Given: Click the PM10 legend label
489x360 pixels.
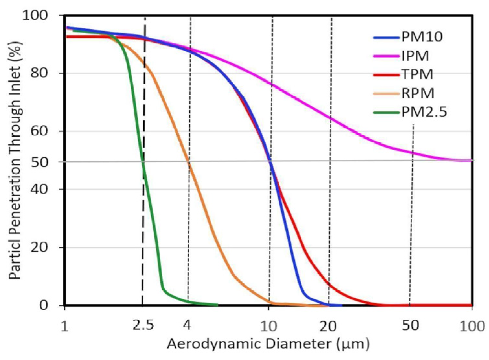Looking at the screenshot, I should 422,37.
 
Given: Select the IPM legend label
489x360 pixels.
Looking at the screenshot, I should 415,56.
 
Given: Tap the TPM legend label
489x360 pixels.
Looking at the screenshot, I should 417,74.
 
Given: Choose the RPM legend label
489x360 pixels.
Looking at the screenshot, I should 418,93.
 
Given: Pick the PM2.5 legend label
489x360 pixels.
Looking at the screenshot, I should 424,112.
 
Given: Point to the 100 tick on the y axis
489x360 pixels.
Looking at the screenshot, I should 35,15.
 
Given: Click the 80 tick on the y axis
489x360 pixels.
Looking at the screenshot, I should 39,73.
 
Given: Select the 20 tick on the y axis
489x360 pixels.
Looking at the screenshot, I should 39,247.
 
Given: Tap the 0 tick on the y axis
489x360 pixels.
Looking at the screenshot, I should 44,305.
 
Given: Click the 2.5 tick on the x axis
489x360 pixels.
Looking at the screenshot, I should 143,325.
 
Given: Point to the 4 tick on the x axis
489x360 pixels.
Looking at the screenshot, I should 187,325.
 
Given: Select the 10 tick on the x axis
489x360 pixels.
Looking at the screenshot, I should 269,326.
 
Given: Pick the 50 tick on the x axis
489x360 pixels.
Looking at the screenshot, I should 411,325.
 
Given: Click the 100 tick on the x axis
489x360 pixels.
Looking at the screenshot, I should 472,326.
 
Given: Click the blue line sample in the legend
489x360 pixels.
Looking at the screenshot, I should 386,38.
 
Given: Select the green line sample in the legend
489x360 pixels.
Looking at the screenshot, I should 386,112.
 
